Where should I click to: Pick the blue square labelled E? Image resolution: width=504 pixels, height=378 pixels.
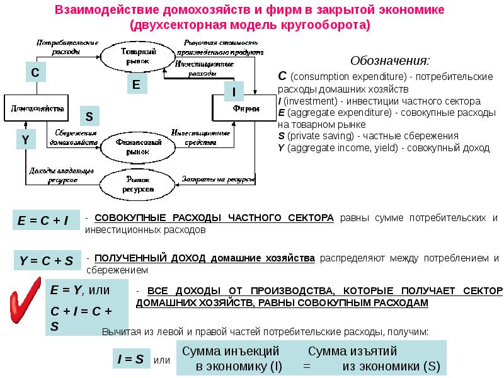point(135,84)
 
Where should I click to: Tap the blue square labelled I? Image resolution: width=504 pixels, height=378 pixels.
point(234,93)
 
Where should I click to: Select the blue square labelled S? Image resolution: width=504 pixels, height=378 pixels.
point(89,117)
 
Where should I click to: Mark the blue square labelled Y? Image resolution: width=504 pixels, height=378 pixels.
point(25,140)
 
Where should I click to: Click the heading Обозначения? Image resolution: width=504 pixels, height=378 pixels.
point(391,61)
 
